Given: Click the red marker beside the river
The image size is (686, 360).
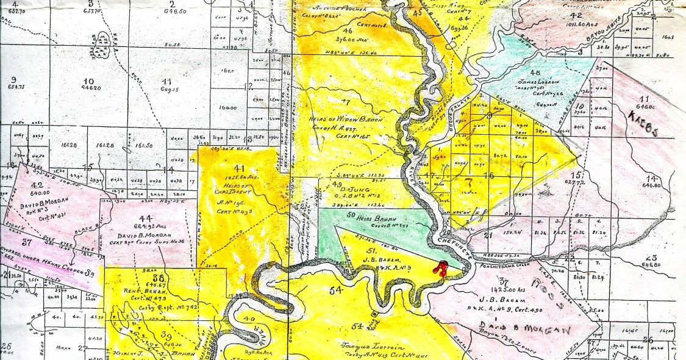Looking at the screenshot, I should click(x=440, y=268).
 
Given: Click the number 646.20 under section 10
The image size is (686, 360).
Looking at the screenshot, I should click(x=90, y=88).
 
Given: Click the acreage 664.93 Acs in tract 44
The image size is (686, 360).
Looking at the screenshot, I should click(x=146, y=228).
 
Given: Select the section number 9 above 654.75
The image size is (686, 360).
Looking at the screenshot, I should click(x=13, y=80).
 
